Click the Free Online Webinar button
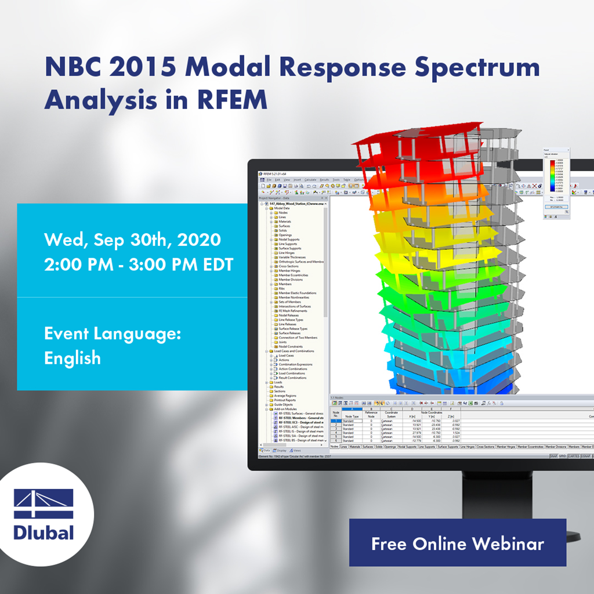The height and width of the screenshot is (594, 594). [x=457, y=543]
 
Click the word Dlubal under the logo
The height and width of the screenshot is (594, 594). [x=44, y=532]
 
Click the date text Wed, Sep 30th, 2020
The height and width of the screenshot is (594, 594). [x=132, y=239]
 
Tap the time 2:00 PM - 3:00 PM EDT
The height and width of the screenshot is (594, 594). [x=139, y=264]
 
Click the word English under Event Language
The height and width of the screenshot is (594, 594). [x=73, y=358]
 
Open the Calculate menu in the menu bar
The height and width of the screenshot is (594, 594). [x=310, y=180]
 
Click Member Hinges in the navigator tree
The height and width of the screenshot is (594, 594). [x=290, y=271]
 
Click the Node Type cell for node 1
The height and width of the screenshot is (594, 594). [x=351, y=421]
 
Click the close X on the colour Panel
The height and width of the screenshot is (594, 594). [x=568, y=150]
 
